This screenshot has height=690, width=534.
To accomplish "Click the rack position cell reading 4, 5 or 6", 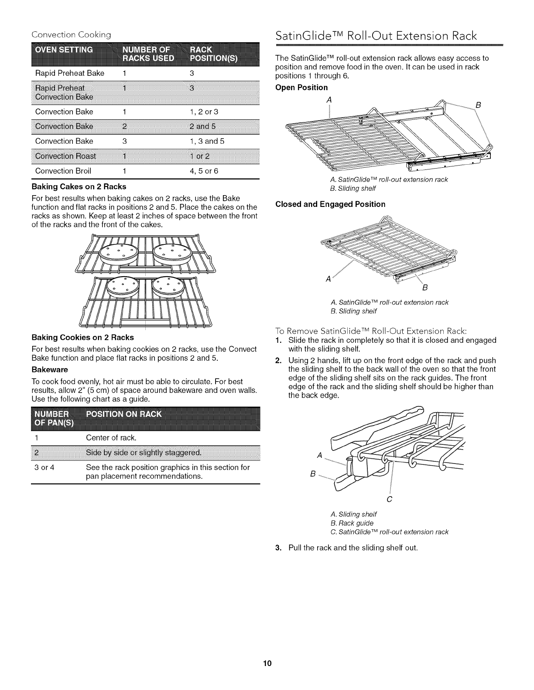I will (x=204, y=171).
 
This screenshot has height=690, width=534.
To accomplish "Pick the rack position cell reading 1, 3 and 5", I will (x=207, y=141).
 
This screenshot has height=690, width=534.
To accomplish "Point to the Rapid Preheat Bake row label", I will (x=69, y=73).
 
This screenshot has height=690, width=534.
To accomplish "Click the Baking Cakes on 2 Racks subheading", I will (x=79, y=186).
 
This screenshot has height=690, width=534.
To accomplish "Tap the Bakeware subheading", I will (x=50, y=370).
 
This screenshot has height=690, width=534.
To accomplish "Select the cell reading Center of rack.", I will (x=111, y=437).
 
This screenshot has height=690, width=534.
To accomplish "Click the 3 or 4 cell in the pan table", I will (x=43, y=467).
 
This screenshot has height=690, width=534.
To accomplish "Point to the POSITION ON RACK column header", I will (x=124, y=414).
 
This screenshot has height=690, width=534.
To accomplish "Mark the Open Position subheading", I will (x=301, y=88).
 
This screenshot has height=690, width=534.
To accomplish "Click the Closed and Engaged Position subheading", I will (x=330, y=204).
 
